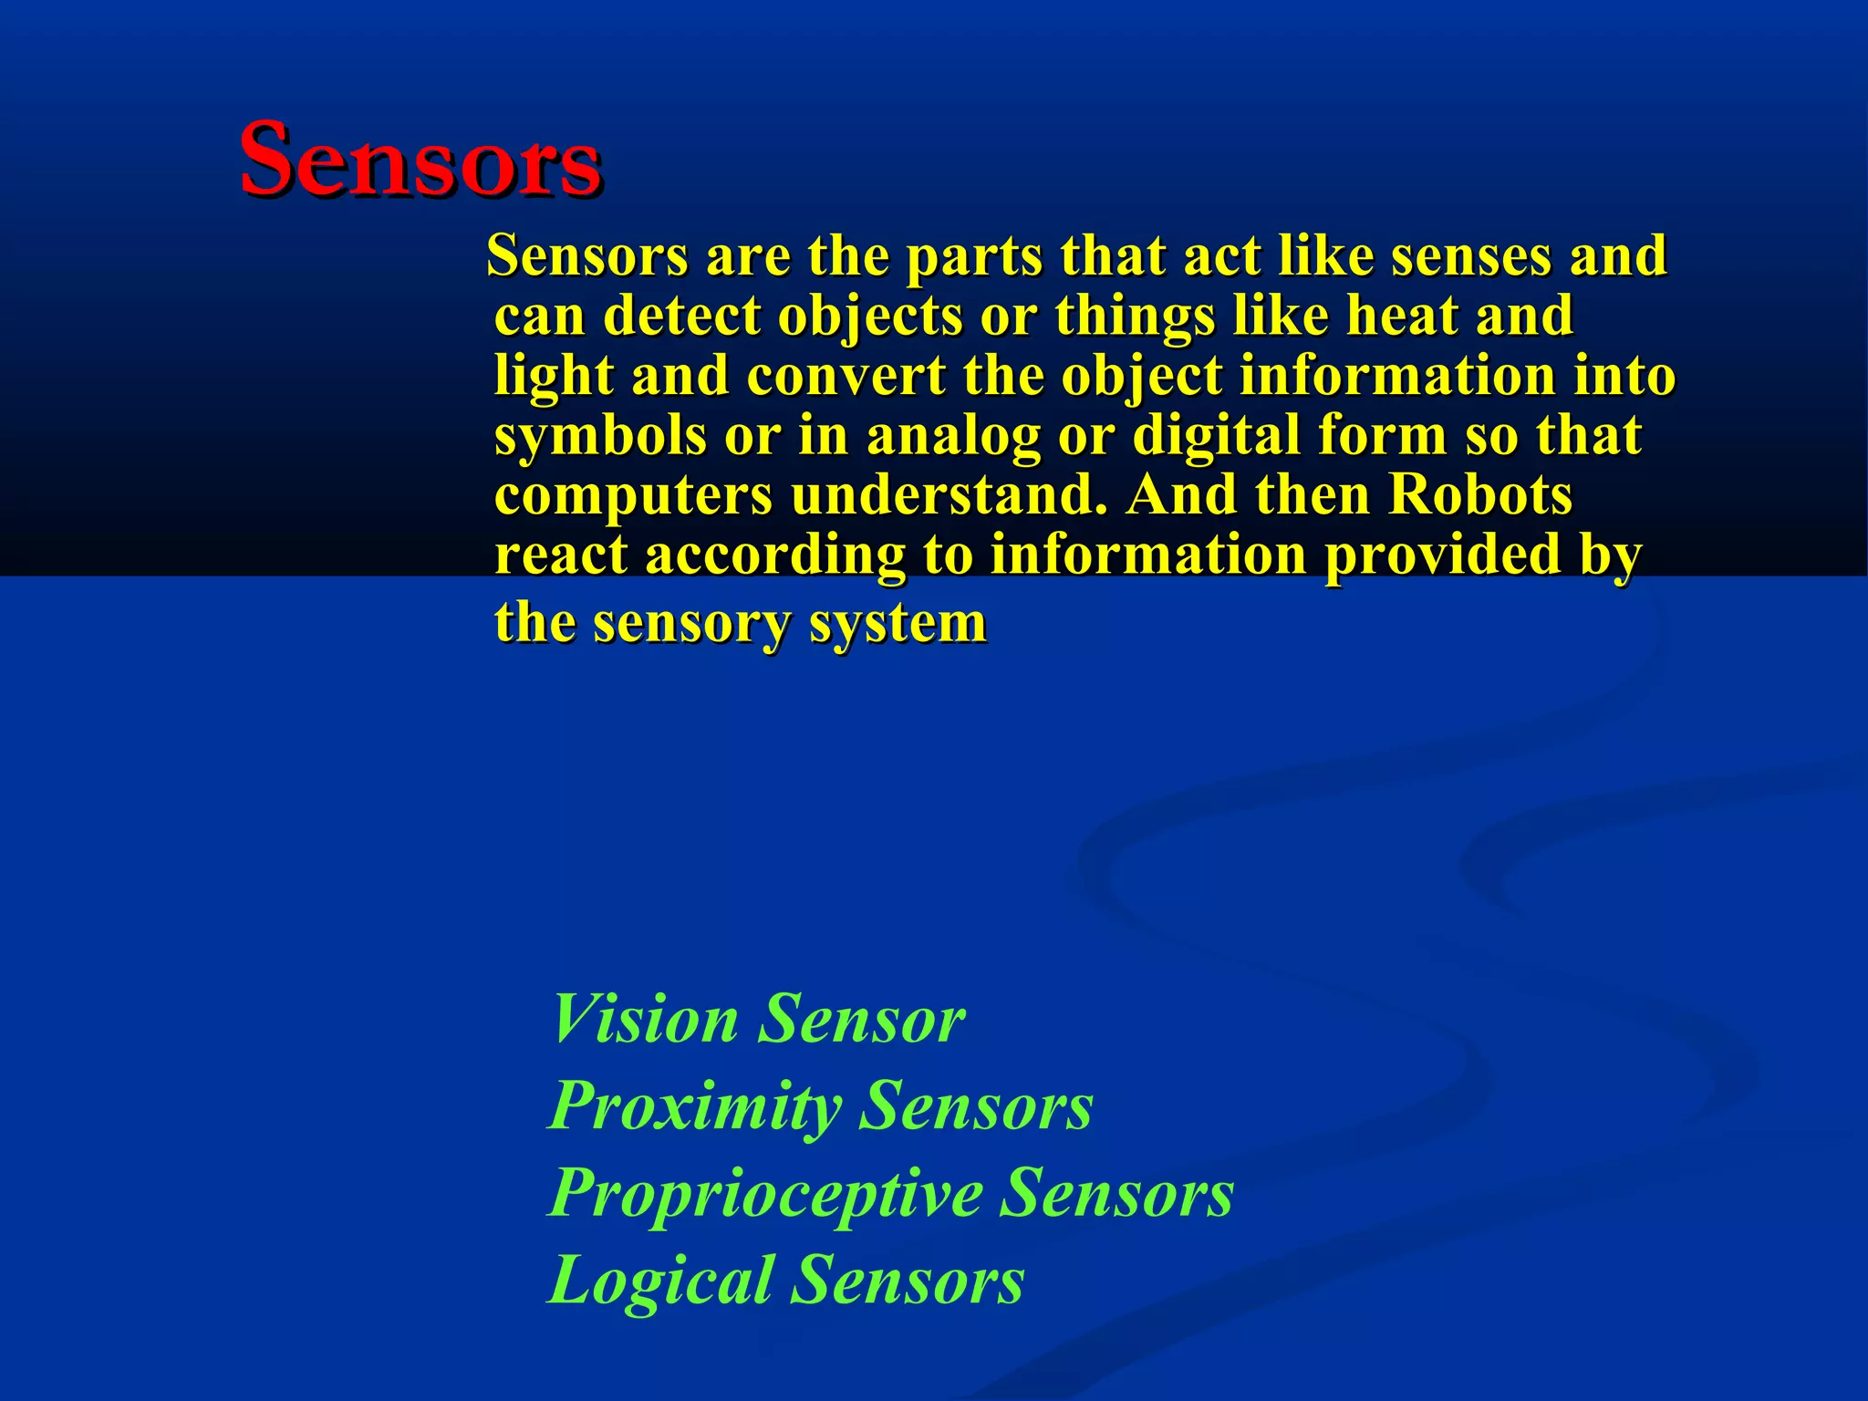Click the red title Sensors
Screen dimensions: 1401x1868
420,160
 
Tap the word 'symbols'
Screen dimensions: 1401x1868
600,435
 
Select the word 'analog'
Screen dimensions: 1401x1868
953,435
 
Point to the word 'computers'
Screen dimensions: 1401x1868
633,495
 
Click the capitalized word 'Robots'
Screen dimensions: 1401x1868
1480,495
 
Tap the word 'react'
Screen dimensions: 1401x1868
561,555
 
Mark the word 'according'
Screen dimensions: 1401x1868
775,555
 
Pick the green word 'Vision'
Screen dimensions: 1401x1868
645,1019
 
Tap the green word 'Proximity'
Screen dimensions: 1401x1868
694,1106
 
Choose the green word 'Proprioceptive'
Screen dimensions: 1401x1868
764,1193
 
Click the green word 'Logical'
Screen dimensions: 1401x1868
659,1280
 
